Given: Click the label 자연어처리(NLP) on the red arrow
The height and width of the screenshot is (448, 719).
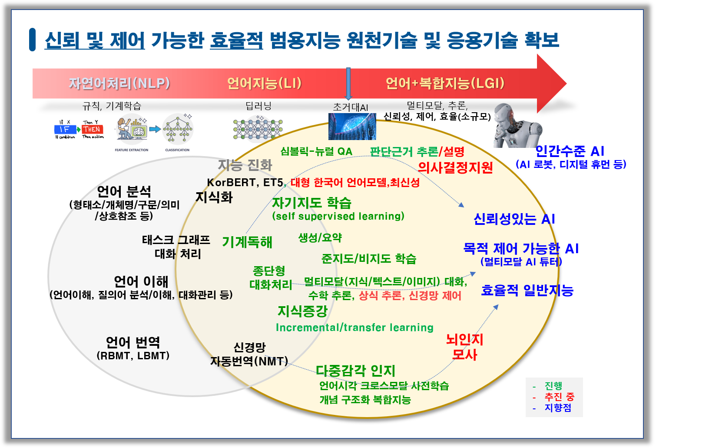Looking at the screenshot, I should [x=119, y=83].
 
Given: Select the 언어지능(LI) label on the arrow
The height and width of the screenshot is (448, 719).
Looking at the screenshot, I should [x=264, y=83].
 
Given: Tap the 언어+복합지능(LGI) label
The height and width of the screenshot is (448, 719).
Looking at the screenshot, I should [x=445, y=83].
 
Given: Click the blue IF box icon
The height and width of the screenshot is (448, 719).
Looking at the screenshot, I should [x=64, y=129].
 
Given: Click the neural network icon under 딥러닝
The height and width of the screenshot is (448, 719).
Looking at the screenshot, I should [x=258, y=129].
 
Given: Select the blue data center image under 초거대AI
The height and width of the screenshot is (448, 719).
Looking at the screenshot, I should [x=352, y=126].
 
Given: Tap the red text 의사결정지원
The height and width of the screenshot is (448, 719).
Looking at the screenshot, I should [x=455, y=167].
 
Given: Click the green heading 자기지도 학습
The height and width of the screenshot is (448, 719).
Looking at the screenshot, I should [x=311, y=203].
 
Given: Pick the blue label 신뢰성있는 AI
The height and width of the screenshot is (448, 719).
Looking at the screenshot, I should [x=514, y=219].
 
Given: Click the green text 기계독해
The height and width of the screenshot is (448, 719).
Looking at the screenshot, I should [x=247, y=242].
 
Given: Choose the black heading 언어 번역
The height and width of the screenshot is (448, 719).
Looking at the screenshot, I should [x=133, y=342].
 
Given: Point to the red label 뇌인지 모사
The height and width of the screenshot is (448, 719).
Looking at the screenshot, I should [x=464, y=347].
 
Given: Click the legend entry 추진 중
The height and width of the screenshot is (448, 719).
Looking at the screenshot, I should [x=559, y=397].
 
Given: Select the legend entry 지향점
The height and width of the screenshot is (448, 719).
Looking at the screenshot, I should [x=558, y=408].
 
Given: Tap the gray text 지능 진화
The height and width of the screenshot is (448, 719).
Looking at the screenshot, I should [x=245, y=165].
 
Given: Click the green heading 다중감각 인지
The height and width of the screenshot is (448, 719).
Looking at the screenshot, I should [x=355, y=371].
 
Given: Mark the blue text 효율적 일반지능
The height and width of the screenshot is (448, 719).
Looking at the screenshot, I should [x=527, y=290].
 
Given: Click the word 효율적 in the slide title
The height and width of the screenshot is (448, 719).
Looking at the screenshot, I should [x=236, y=40].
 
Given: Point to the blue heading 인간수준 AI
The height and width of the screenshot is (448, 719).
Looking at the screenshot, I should [x=570, y=151].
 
